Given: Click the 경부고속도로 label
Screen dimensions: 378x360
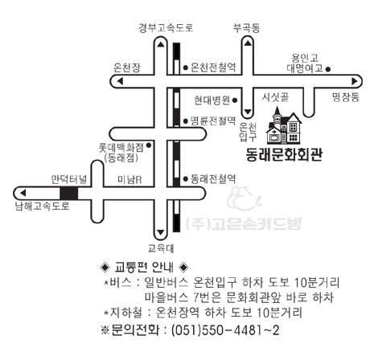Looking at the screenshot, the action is pos(166,28).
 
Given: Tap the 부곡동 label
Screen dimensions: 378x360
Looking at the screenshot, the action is pos(247,28).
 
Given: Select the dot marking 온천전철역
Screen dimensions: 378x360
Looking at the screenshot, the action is pos(185,67).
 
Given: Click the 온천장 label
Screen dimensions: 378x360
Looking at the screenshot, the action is pos(127,67).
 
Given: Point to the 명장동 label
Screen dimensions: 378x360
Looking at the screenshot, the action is pos(346,97).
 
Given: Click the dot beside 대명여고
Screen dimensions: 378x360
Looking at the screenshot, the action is pos(327,69).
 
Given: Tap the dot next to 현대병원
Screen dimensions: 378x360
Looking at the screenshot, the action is pos(235,100).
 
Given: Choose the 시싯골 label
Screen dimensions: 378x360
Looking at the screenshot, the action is pos(275,97).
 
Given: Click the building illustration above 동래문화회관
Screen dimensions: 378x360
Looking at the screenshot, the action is pos(284,125).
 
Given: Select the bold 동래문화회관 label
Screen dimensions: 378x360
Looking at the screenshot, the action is pos(284,155).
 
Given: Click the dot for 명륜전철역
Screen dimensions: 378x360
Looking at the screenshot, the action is pos(185,121).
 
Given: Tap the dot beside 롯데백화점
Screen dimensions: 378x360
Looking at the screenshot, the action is pos(148,145).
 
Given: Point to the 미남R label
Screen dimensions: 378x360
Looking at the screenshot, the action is pos(129,180).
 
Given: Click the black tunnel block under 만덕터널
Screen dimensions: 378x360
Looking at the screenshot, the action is pos(69,194).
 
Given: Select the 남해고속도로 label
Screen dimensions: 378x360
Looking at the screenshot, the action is pos(43,207).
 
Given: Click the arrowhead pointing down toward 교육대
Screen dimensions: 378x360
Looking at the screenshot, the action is pos(161,232).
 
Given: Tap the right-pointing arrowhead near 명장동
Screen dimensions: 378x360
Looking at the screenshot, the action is pos(355,81).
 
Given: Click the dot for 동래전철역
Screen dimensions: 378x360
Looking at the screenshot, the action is pos(185,178).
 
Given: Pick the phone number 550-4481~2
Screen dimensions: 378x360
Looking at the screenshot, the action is pos(240,330).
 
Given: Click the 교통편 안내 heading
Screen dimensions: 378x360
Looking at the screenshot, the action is pos(144,267).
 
